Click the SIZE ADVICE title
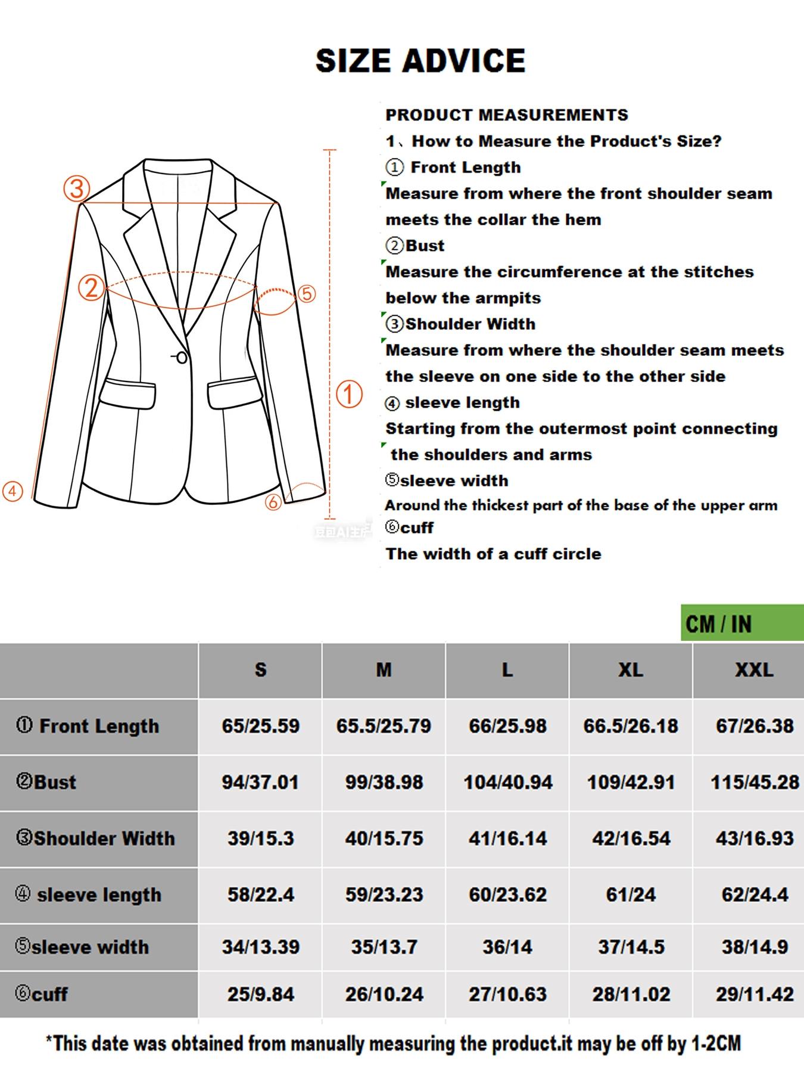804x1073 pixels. (420, 61)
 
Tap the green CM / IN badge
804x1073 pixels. (741, 624)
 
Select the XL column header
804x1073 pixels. (630, 670)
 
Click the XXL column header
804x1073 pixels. (754, 670)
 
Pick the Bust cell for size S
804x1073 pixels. (260, 782)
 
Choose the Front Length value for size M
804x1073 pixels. (384, 726)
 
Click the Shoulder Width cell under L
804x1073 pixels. (507, 839)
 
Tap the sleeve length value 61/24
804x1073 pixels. (631, 895)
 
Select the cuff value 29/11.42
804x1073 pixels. (755, 994)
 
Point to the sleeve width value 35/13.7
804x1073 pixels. (384, 947)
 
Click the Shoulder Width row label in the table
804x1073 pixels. (96, 839)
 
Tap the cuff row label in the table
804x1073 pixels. (42, 994)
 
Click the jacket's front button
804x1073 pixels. (182, 358)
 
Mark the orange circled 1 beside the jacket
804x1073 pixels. (350, 395)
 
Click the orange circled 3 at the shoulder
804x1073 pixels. (77, 189)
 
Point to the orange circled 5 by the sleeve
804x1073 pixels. (306, 294)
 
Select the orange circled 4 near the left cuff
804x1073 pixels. (13, 491)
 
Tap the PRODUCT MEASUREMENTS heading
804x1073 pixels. (507, 115)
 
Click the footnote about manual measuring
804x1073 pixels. (394, 1044)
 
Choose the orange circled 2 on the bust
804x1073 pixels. (92, 287)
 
